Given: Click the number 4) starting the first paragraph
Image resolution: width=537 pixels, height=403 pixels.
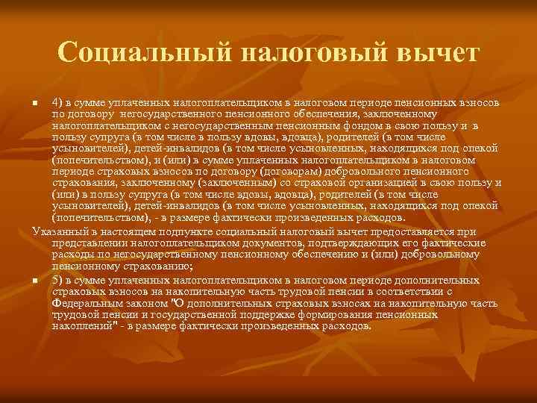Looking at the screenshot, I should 57,101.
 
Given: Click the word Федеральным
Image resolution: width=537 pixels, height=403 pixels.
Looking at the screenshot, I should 85,304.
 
